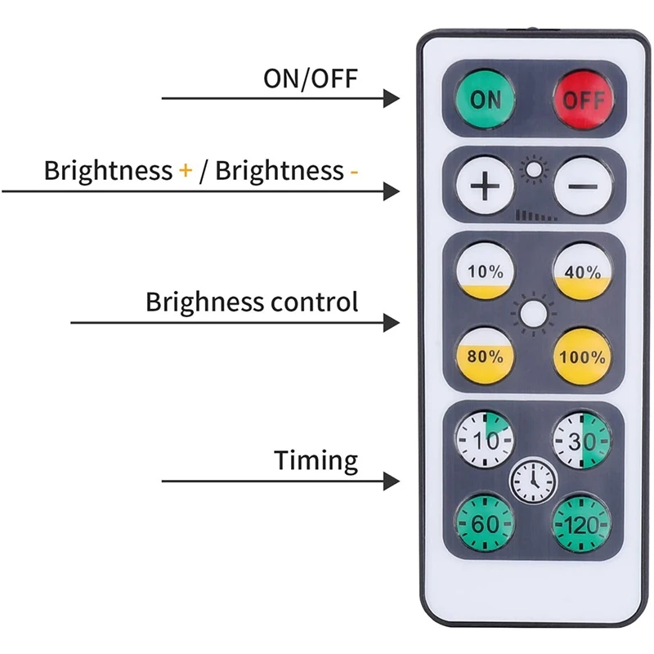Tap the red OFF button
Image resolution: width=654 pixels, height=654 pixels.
582,100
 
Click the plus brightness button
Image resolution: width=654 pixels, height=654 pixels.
486,187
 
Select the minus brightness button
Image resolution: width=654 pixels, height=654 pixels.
582,187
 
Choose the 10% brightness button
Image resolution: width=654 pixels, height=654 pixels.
486,271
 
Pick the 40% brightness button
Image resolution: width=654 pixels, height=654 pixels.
582,271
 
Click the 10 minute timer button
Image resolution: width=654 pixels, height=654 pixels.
486,441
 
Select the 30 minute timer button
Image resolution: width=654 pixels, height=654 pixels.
582,441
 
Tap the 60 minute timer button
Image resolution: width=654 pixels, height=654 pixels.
486,522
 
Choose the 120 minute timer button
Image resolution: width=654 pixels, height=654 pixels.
582,522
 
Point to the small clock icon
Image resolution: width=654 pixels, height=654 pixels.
533,482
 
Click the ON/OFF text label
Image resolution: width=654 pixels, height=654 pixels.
311,78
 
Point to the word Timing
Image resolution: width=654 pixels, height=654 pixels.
316,461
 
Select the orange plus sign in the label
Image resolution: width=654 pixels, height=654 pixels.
186,172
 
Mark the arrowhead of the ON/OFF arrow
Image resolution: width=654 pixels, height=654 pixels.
392,98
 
